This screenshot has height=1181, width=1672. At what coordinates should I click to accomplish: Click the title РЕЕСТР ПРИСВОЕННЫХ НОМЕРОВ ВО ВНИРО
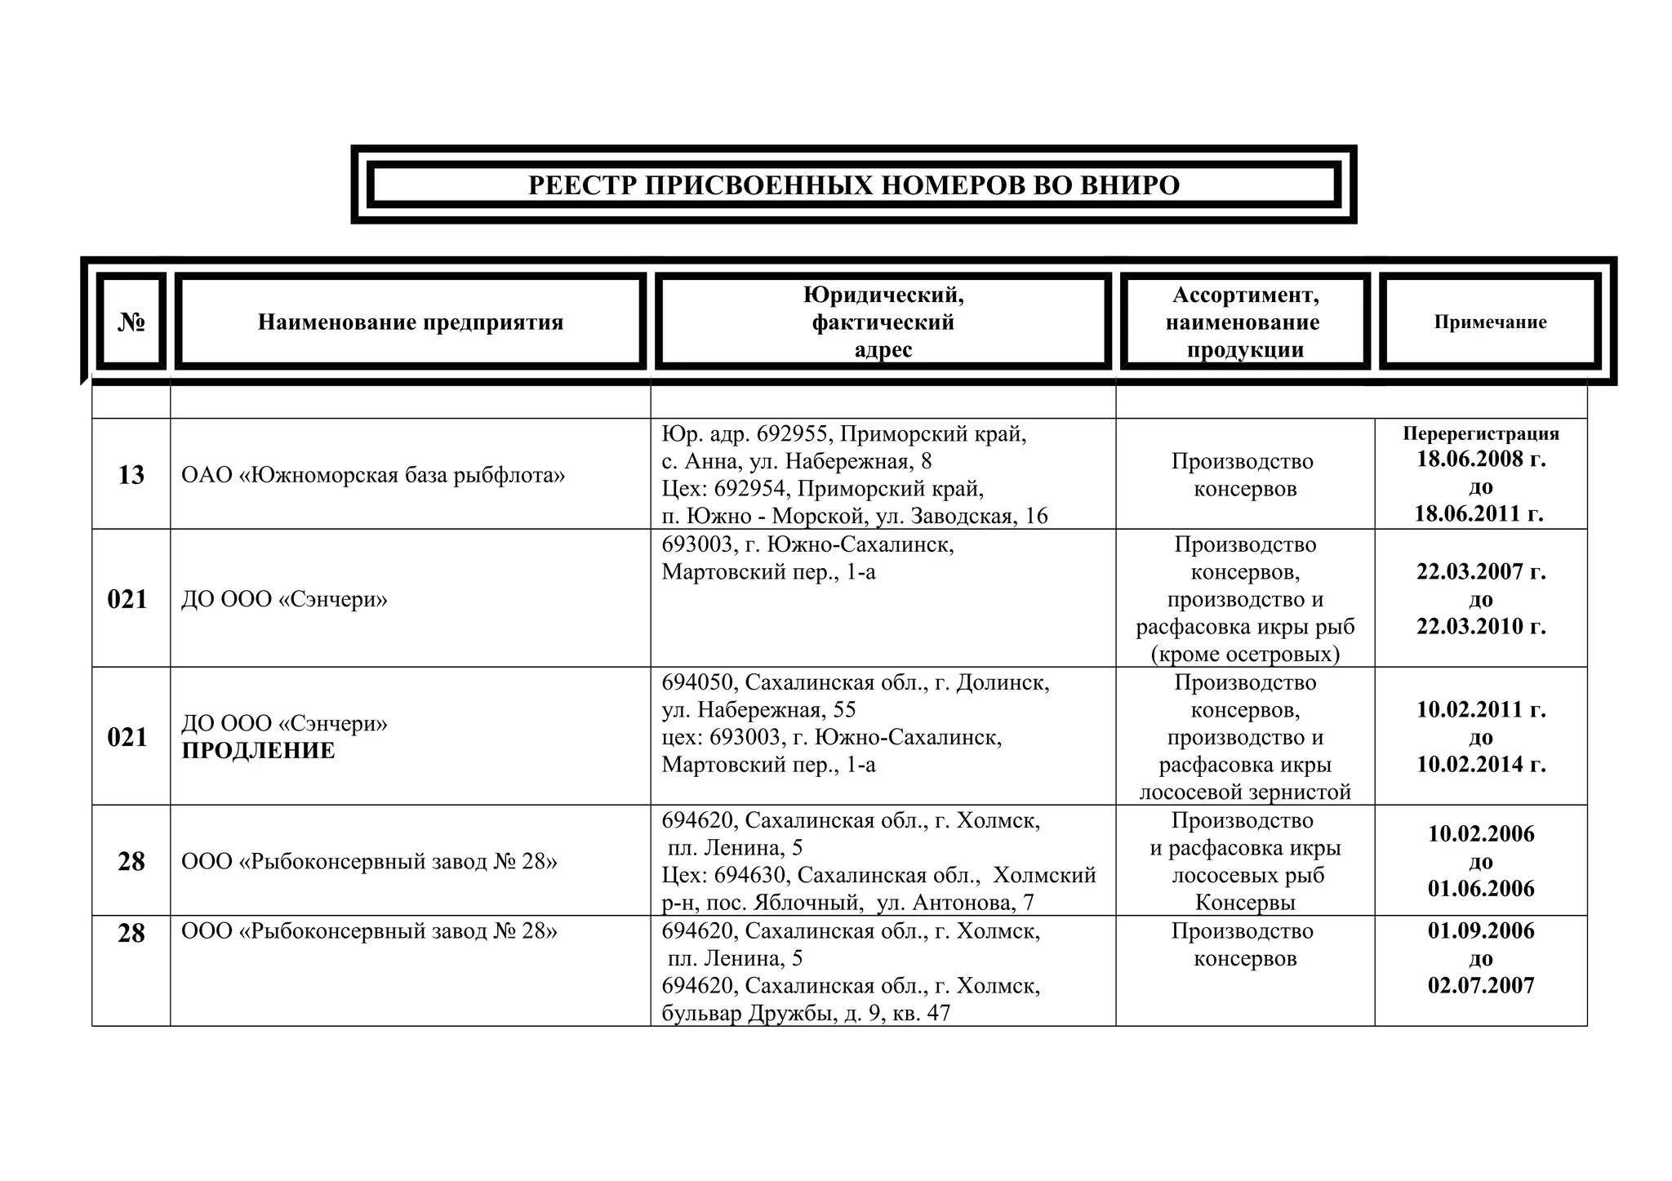click(x=853, y=185)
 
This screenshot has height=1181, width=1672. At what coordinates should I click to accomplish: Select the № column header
click(x=131, y=322)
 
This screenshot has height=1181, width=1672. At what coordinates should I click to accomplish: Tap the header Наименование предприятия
click(x=411, y=322)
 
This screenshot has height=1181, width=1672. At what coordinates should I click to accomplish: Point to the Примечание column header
click(x=1490, y=322)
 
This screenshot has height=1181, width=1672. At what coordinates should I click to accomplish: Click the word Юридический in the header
click(x=883, y=295)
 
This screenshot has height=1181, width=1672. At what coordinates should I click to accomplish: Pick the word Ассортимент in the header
click(x=1245, y=295)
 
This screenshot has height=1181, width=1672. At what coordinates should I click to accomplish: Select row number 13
click(x=131, y=475)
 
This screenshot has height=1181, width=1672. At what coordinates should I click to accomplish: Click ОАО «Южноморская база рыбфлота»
click(x=373, y=475)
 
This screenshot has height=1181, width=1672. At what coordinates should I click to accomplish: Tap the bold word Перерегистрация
click(x=1481, y=433)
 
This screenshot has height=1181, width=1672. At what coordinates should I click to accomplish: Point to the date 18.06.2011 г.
click(x=1479, y=513)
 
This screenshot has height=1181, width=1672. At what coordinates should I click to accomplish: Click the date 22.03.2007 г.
click(x=1481, y=571)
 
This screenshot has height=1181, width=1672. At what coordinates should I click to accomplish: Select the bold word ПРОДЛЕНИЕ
click(x=258, y=751)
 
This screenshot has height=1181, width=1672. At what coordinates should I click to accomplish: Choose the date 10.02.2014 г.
click(x=1481, y=764)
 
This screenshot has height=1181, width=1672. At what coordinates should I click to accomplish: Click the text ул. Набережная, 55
click(x=758, y=710)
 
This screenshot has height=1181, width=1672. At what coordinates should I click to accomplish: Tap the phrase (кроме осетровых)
click(x=1245, y=654)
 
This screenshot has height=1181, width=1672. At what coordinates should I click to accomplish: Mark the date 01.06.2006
click(x=1481, y=888)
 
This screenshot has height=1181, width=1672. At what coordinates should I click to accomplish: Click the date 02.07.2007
click(x=1481, y=985)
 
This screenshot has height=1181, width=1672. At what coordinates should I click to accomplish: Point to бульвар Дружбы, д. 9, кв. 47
click(x=806, y=1014)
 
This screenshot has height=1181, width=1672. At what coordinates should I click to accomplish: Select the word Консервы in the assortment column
click(x=1245, y=903)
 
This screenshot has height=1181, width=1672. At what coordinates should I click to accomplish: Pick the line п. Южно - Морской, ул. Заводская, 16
click(x=854, y=516)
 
